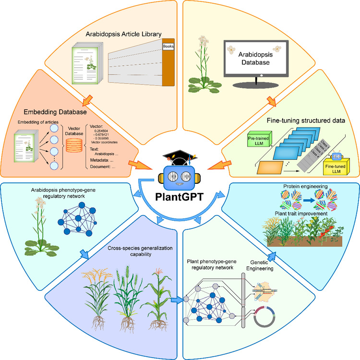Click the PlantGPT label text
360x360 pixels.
click(180, 197)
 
